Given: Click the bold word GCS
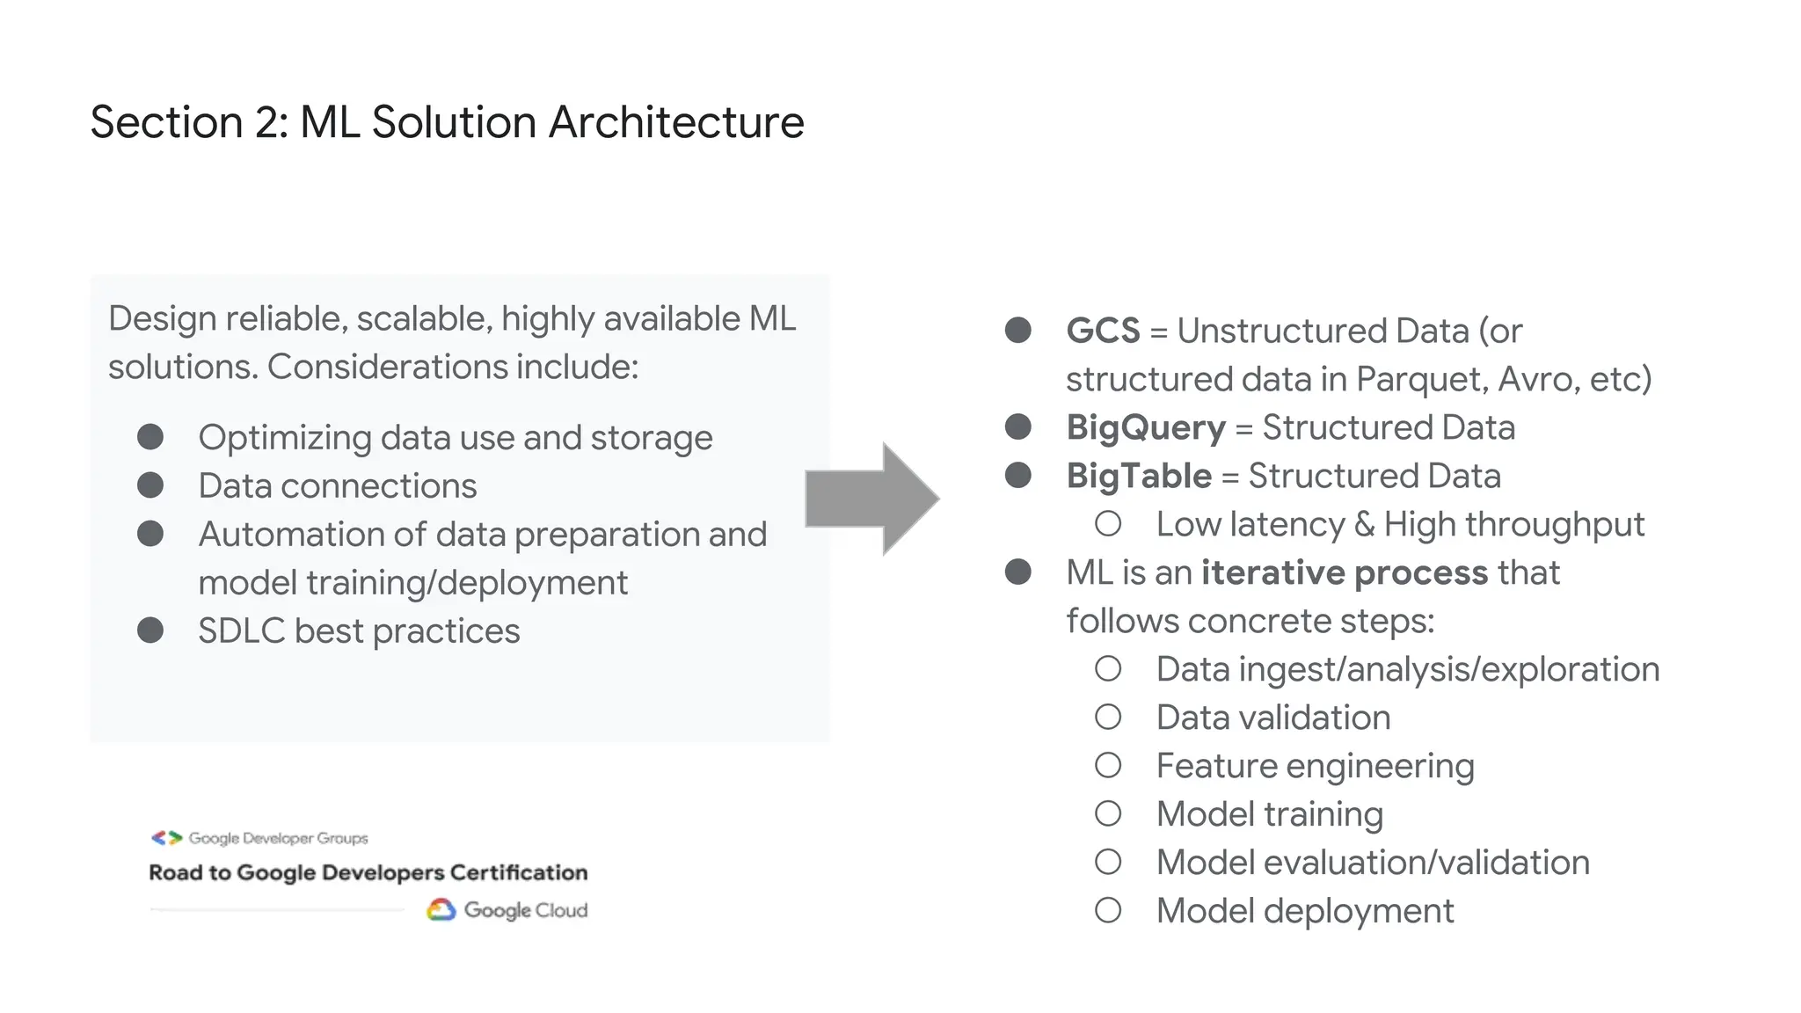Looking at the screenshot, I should point(1103,332).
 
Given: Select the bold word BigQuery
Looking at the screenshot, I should point(1145,428).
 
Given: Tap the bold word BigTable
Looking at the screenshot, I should point(1139,477).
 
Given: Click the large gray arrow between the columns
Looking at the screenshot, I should point(871,499).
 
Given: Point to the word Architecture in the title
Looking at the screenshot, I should point(676,122).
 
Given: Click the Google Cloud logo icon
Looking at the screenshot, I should point(441,910).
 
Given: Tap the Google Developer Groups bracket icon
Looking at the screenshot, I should point(166,838).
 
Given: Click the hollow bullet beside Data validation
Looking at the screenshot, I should point(1108,718).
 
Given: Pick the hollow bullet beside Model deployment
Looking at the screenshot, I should point(1108,910).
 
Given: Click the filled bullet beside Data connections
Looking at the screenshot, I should point(150,485).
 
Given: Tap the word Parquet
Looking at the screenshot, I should point(1421,380).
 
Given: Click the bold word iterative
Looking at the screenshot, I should point(1272,573).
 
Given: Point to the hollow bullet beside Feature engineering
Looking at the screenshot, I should point(1108,765).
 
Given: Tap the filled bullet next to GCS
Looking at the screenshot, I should point(1018,331).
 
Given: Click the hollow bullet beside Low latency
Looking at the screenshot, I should point(1108,524).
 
